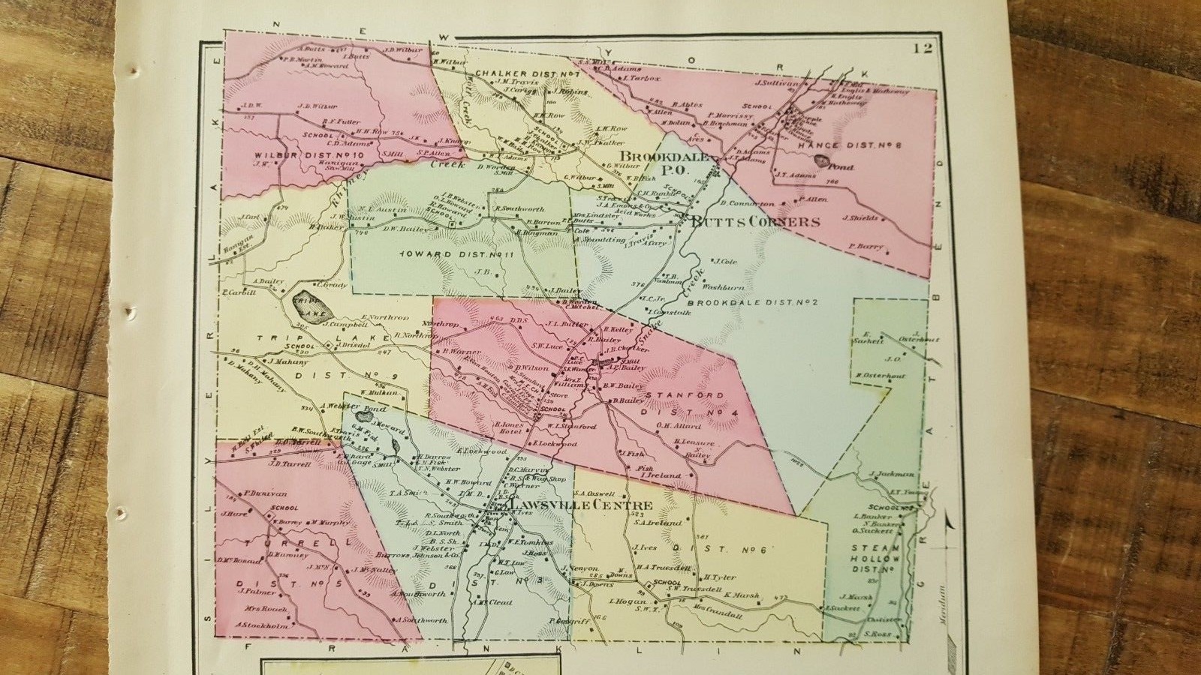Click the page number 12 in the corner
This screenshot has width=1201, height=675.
pos(923,50)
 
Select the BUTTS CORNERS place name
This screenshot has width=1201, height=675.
pos(754,222)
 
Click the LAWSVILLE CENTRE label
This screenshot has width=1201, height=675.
pos(580,505)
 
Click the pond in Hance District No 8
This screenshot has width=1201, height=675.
pos(823,160)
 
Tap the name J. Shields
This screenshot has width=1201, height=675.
pos(860,218)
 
